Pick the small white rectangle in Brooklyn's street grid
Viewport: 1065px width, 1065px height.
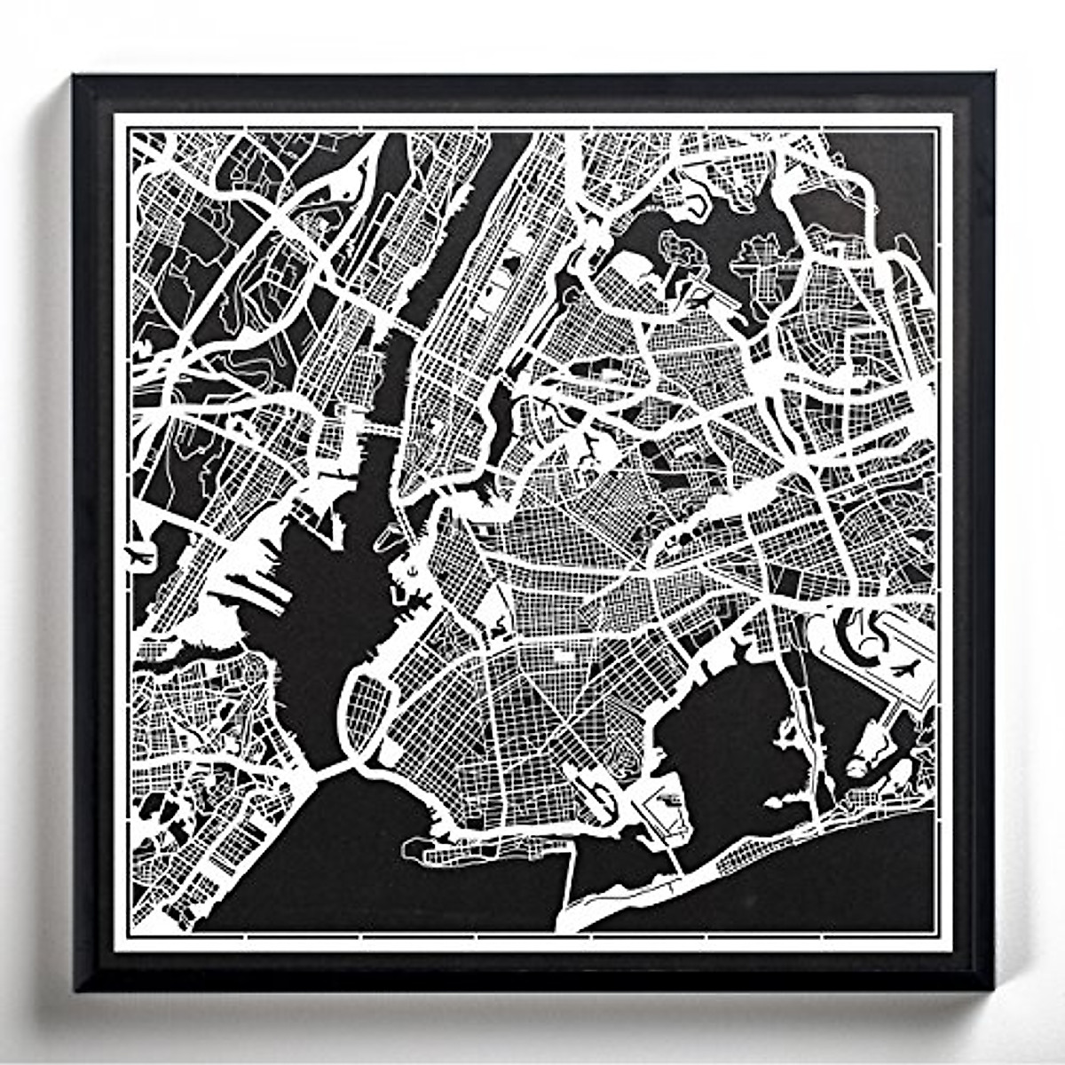561,657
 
